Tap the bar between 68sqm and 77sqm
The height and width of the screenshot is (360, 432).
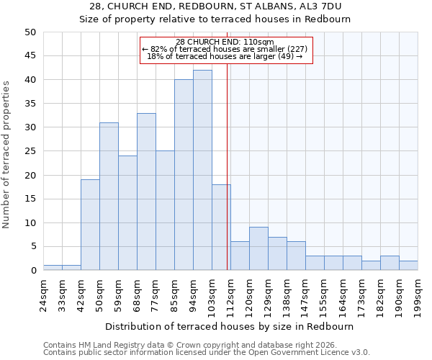point(146,192)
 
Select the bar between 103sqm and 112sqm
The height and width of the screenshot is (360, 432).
point(221,228)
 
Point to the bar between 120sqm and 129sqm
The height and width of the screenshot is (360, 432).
point(258,248)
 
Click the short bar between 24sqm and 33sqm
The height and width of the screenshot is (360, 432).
point(53,268)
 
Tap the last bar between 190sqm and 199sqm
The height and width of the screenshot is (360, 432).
point(408,266)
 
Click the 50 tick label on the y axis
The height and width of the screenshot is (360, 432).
point(30,32)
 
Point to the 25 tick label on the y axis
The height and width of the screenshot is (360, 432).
point(30,151)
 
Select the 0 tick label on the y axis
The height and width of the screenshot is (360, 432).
point(32,271)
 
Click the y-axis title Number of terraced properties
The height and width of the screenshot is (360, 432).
point(7,154)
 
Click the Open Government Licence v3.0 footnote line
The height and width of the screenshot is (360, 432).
point(207,352)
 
